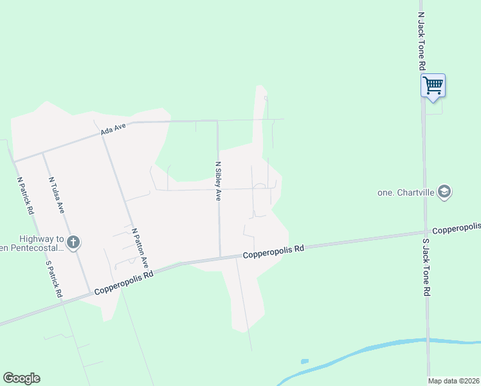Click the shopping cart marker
pyautogui.click(x=433, y=85)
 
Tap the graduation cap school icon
pyautogui.click(x=444, y=192)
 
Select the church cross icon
pyautogui.click(x=73, y=243)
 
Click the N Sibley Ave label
pyautogui.click(x=219, y=181)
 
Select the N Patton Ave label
pyautogui.click(x=140, y=248)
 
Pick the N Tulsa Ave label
pyautogui.click(x=57, y=196)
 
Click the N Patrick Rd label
pyautogui.click(x=25, y=196)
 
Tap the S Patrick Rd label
pyautogui.click(x=53, y=279)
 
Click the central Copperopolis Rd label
pyautogui.click(x=273, y=252)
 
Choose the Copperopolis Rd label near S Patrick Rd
pyautogui.click(x=124, y=282)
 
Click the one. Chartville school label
pyautogui.click(x=405, y=192)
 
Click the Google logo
pyautogui.click(x=21, y=378)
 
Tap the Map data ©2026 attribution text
pyautogui.click(x=454, y=381)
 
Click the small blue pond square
pyautogui.click(x=304, y=362)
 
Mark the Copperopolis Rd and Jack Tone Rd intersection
pyautogui.click(x=424, y=233)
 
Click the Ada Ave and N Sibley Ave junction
pyautogui.click(x=217, y=120)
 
